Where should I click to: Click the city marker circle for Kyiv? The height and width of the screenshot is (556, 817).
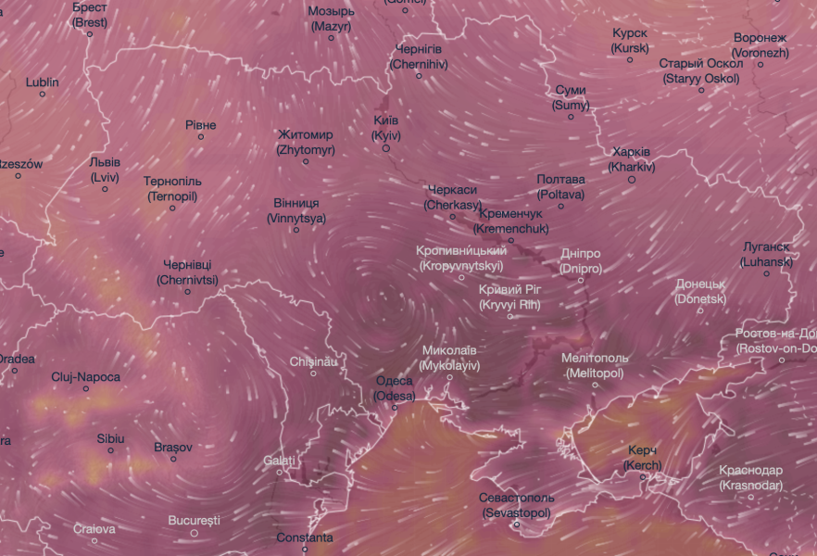point(386,148)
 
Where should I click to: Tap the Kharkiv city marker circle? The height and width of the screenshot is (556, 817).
point(632,180)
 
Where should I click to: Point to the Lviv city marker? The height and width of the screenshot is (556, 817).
point(105,189)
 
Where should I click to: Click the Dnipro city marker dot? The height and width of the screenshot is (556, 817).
point(582,280)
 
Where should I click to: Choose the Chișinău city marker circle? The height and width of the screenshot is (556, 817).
point(313,373)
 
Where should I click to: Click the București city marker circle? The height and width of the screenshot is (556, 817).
point(195,533)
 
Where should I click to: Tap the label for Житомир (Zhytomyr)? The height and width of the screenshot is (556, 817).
point(305,142)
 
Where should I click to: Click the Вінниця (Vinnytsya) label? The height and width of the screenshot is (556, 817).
point(296,210)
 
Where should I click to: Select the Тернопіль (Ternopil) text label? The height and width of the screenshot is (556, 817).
point(172,188)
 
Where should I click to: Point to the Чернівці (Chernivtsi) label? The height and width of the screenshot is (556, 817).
point(187,272)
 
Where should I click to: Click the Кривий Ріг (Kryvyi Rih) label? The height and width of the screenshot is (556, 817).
point(509,297)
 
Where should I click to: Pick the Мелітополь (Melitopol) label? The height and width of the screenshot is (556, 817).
point(595,365)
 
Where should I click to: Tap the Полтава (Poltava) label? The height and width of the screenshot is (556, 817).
point(560,186)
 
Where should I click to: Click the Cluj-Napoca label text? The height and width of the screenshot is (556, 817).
point(86,377)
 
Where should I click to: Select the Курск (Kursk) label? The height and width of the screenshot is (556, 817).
point(630,40)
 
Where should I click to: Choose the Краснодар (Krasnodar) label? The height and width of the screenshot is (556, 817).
point(751,477)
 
